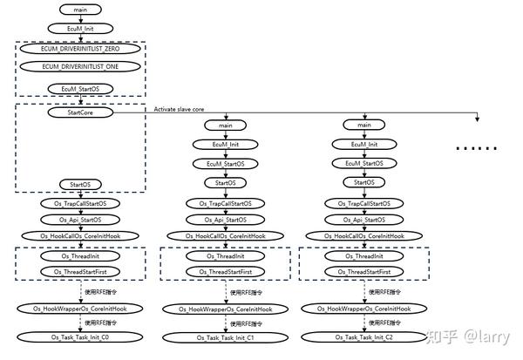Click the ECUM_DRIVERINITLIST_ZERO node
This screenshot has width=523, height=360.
point(80,49)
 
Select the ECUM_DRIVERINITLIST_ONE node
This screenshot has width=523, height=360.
point(80,66)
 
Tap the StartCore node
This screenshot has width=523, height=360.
point(80,112)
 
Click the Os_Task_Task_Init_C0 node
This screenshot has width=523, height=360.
point(80,337)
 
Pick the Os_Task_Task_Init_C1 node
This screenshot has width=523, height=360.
point(225,337)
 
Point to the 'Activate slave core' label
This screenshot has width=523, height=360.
point(180,109)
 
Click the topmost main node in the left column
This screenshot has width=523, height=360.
point(80,10)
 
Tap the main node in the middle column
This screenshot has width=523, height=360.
point(225,126)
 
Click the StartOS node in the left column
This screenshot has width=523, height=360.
point(80,184)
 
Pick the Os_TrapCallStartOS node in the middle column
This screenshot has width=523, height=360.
point(225,203)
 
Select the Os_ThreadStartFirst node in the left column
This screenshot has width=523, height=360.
point(80,272)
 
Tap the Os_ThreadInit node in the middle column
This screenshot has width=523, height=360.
point(225,256)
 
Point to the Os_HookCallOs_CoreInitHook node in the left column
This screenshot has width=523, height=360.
point(80,236)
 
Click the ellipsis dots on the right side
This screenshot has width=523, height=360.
point(478,150)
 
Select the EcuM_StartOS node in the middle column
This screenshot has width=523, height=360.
point(225,163)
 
